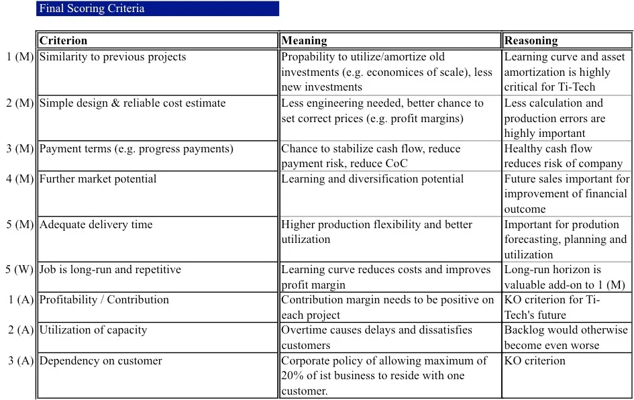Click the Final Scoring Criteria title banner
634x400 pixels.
tap(157, 9)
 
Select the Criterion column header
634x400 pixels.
tap(64, 41)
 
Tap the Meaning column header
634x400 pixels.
tap(304, 41)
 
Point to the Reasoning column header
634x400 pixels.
tap(531, 41)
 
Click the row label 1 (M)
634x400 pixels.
tap(19, 57)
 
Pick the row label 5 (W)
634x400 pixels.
tap(19, 270)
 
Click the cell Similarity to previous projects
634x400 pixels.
tap(113, 57)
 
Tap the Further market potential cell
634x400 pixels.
tap(98, 179)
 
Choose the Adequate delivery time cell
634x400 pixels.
tap(96, 225)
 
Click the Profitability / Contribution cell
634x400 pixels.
tap(104, 300)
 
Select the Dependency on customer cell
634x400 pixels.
tap(101, 361)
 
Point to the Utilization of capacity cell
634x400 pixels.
tap(93, 330)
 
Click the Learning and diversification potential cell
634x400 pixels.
tap(372, 179)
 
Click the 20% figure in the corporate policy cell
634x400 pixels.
tap(293, 376)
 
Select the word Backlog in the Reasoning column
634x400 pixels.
tap(525, 330)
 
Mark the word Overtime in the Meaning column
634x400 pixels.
tap(306, 330)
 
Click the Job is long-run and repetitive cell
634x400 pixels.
tap(110, 270)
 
